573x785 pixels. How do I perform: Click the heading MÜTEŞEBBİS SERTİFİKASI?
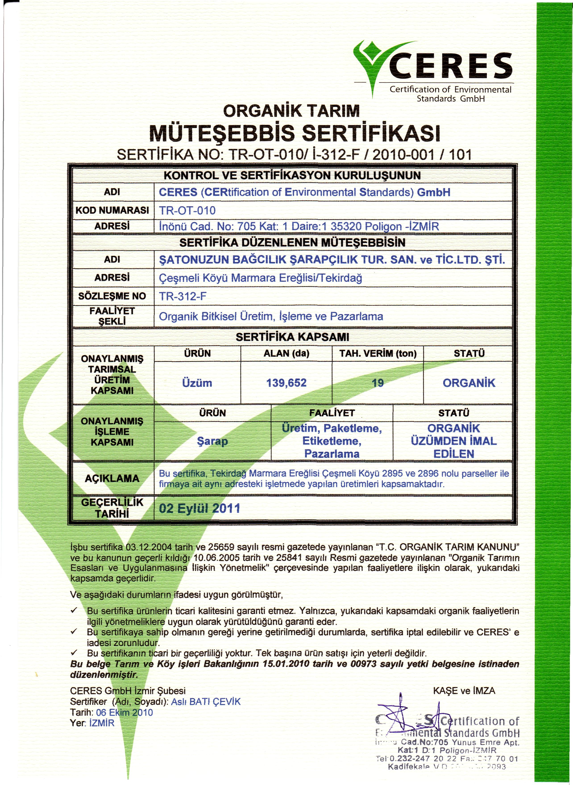[x=295, y=133]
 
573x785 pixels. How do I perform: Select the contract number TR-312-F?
[x=183, y=296]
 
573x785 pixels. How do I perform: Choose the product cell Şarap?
[x=212, y=441]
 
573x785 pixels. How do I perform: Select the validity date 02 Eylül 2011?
[x=199, y=508]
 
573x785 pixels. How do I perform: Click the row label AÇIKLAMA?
[x=112, y=478]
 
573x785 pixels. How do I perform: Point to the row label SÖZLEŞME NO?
[x=112, y=296]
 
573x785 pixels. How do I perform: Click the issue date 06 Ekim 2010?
[x=124, y=712]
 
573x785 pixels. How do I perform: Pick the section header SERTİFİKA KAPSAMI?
[x=292, y=337]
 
